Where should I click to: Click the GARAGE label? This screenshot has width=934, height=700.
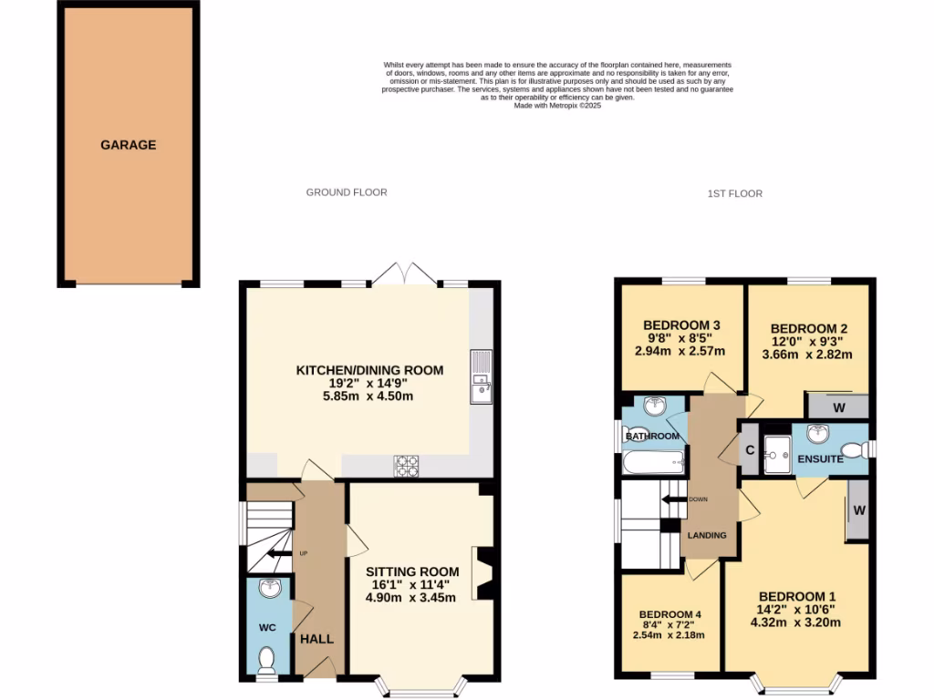coord(128,145)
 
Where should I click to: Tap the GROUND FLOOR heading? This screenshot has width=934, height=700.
coord(346,192)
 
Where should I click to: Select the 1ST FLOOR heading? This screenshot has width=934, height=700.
coord(734,193)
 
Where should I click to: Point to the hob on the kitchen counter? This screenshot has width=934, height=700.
coord(406,467)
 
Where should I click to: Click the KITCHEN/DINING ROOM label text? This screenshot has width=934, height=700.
coord(369,370)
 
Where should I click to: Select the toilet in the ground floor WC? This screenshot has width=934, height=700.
coord(266,658)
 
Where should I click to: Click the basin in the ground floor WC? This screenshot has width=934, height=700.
coord(269,589)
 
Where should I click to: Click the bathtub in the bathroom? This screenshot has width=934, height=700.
coord(651,463)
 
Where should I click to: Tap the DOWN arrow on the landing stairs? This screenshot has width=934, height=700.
coord(677,499)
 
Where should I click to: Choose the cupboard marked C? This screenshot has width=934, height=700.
coord(748,448)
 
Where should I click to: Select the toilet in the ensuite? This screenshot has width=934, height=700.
coord(851,448)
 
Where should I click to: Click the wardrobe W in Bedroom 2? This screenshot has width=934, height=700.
coord(837,407)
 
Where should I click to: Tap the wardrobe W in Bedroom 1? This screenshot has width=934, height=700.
coord(858,511)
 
